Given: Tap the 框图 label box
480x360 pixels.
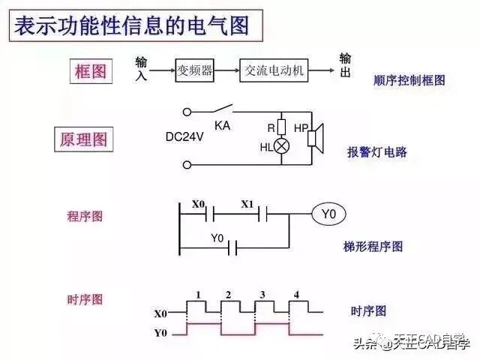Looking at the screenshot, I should (91, 72).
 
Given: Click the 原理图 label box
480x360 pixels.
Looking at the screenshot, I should (83, 139).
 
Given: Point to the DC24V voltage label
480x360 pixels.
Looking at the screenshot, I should (185, 137).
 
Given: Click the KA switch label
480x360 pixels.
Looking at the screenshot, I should (222, 125).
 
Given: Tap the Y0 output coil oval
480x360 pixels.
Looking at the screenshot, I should (328, 215).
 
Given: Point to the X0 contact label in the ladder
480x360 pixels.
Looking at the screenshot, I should (198, 204).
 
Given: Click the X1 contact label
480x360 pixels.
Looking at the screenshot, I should (247, 204).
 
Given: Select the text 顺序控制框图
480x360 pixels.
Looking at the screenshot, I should (409, 79).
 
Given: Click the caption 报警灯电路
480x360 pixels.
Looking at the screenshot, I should (376, 151).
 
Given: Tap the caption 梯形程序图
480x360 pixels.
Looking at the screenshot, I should (373, 246).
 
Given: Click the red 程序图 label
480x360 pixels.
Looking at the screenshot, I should (85, 216).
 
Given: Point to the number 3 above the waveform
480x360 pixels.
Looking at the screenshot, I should (262, 294).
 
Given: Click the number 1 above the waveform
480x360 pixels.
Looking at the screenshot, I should (197, 294).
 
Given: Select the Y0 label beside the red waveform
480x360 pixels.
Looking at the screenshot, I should (160, 332).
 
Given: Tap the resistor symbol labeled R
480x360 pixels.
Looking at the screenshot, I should (282, 126).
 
